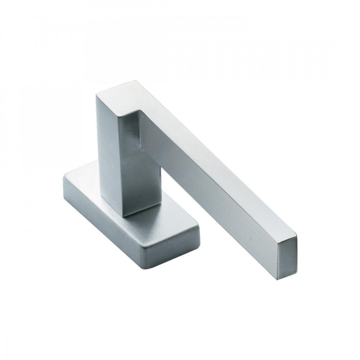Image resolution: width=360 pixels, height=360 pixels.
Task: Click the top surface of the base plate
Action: tap(90, 184)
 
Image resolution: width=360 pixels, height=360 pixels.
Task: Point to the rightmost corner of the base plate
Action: tap(199, 230)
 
